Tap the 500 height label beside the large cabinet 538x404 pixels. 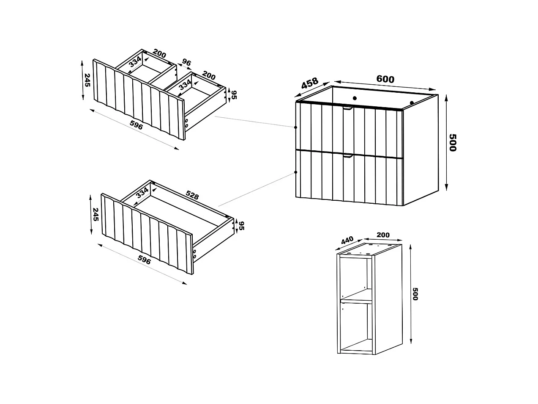click(x=452, y=143)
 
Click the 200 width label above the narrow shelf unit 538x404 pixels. click(x=383, y=235)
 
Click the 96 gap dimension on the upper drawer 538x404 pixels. click(x=186, y=63)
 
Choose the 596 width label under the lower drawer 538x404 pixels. click(x=144, y=260)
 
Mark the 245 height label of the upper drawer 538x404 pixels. click(x=87, y=80)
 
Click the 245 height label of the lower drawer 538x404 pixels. click(x=96, y=214)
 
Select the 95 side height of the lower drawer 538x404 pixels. click(x=242, y=226)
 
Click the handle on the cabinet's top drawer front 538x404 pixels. click(x=347, y=109)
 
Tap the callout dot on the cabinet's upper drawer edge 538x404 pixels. click(x=295, y=127)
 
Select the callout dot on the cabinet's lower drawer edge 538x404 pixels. click(x=295, y=173)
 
